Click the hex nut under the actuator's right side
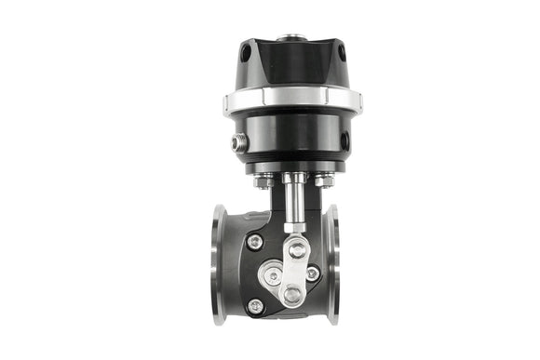pos(323,180)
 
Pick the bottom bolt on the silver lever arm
pos(292,295)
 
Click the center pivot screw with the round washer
pos(272,274)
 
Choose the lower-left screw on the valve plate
pos(255,305)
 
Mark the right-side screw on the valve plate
pos(312,273)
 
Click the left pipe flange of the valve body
pos(219,264)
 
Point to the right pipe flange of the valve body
pos(332,264)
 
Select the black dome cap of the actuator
pos(291,63)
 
